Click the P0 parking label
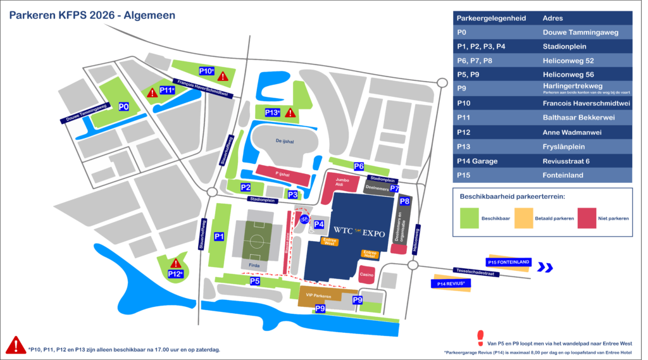(124, 107)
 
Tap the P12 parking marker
(175, 274)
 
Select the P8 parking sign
(405, 201)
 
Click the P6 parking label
(359, 166)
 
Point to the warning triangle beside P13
(290, 113)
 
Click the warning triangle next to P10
(223, 77)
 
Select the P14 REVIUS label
(452, 284)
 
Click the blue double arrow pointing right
(545, 268)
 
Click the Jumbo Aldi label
(342, 183)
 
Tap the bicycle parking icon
(304, 220)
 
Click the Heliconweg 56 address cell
(566, 75)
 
